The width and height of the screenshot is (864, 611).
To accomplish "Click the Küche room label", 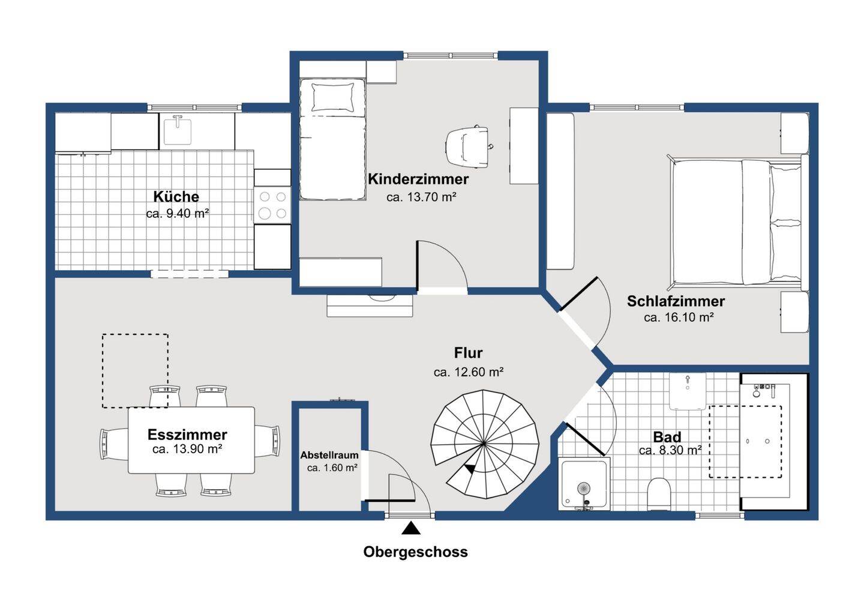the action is [x=176, y=196].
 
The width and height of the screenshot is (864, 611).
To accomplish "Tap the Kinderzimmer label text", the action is [x=418, y=179].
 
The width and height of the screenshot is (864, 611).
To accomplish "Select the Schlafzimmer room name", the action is [x=676, y=301].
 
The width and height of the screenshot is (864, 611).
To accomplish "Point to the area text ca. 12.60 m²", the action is [x=468, y=372].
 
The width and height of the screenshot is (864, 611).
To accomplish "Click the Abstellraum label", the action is [x=329, y=455].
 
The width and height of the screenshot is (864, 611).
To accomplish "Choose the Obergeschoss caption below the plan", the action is [x=415, y=552].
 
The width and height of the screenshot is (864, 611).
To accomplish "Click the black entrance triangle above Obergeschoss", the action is [x=411, y=528].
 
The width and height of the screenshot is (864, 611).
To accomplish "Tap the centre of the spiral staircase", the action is [x=484, y=444].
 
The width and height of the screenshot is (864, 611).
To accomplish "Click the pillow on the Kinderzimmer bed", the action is [x=332, y=98].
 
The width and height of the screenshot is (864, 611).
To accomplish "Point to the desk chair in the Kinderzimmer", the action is [x=469, y=146].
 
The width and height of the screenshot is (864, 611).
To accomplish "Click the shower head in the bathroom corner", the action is [x=584, y=489].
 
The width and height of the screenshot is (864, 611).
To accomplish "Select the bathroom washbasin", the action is [x=688, y=391].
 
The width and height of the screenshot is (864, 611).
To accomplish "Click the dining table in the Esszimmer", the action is [x=191, y=440].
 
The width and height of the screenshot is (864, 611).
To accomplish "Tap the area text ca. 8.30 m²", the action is [x=670, y=450].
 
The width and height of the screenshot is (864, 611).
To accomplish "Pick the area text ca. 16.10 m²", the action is [x=679, y=318].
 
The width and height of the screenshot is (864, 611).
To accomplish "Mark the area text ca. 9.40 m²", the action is [x=178, y=213].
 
